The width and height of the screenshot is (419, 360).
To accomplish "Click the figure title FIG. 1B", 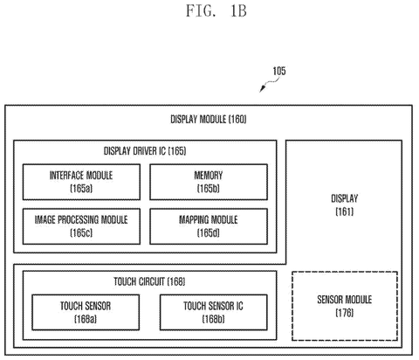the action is click(216, 11).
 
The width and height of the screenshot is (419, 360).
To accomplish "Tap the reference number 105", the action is click(279, 71).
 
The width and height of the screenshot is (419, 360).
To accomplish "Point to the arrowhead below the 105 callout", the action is click(262, 88).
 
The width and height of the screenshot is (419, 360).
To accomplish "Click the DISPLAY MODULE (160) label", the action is click(209, 119).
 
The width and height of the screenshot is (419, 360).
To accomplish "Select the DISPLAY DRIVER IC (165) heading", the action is click(145, 151).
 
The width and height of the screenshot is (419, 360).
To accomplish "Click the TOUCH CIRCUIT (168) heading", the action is click(149, 281).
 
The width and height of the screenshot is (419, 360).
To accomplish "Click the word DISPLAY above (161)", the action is click(345, 198).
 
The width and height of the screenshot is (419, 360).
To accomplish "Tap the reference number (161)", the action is click(345, 211).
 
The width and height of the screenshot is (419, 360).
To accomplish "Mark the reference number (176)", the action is click(345, 313).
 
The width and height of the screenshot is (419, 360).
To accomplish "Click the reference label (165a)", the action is click(81, 189).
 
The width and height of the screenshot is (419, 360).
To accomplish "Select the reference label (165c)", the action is click(81, 232).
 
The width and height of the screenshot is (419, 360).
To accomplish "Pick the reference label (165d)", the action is click(209, 232).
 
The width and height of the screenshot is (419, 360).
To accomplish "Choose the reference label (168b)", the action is click(213, 319).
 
